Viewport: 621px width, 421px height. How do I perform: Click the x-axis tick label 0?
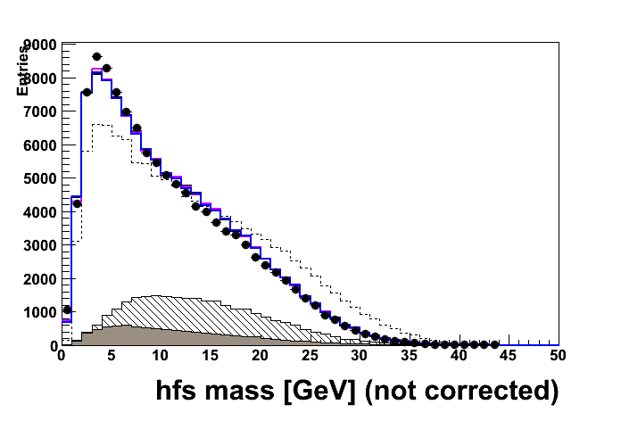pos(61,355)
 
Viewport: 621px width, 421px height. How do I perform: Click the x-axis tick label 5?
pos(111,355)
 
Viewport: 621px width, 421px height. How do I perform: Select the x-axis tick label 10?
pos(161,355)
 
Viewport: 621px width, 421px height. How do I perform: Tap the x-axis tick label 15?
pos(211,355)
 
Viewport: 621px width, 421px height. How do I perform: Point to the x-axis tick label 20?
pos(260,355)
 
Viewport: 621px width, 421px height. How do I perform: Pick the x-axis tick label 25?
pos(310,355)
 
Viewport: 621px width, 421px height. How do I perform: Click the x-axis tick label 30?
pos(360,355)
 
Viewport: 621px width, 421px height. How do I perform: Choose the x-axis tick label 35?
pos(410,355)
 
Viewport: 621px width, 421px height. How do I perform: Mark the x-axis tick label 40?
pos(460,355)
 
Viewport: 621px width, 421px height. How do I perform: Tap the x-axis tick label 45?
pos(509,355)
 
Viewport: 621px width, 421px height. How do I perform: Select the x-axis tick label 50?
pos(558,355)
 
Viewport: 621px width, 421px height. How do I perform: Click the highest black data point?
pos(96,56)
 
